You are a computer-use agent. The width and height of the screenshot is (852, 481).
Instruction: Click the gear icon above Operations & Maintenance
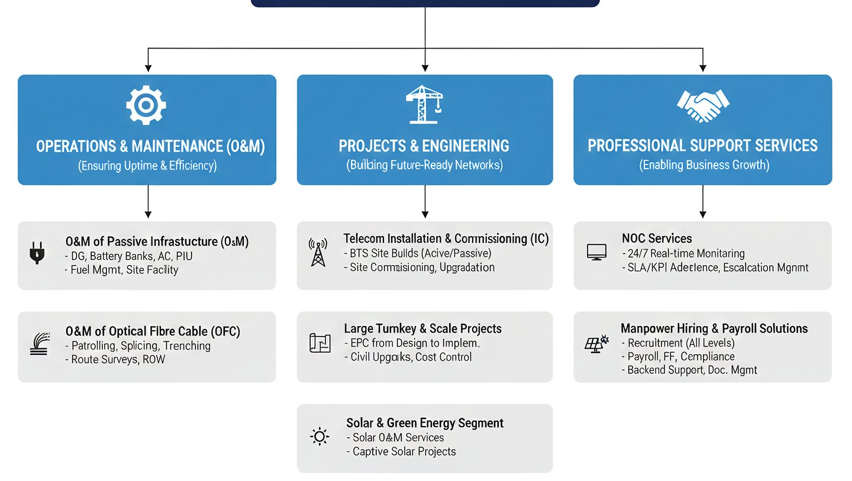(146, 105)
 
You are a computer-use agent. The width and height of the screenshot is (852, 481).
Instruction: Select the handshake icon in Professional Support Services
(702, 106)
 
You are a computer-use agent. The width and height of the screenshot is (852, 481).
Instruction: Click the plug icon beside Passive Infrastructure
(37, 253)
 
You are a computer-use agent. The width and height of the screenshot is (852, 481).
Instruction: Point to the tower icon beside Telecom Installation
(318, 252)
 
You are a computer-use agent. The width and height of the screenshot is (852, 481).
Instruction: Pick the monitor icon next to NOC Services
(596, 252)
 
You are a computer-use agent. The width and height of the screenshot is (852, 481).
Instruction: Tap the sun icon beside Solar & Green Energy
(319, 437)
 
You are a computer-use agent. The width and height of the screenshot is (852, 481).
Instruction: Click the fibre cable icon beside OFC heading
(38, 344)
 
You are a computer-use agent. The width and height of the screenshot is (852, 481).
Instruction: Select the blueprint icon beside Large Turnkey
(320, 343)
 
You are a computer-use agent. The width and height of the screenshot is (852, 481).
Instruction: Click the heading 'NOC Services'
(657, 238)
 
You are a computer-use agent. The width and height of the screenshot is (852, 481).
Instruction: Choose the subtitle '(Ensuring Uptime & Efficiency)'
(147, 166)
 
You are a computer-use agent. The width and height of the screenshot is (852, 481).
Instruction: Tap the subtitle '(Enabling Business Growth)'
(704, 165)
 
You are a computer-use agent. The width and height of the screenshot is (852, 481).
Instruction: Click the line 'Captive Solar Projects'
(404, 451)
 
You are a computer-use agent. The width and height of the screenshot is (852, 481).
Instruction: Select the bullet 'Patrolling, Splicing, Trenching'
(141, 346)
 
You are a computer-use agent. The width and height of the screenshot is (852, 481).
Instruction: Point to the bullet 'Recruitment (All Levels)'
(681, 343)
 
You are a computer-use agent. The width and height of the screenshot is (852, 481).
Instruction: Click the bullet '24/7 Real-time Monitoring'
(683, 253)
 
